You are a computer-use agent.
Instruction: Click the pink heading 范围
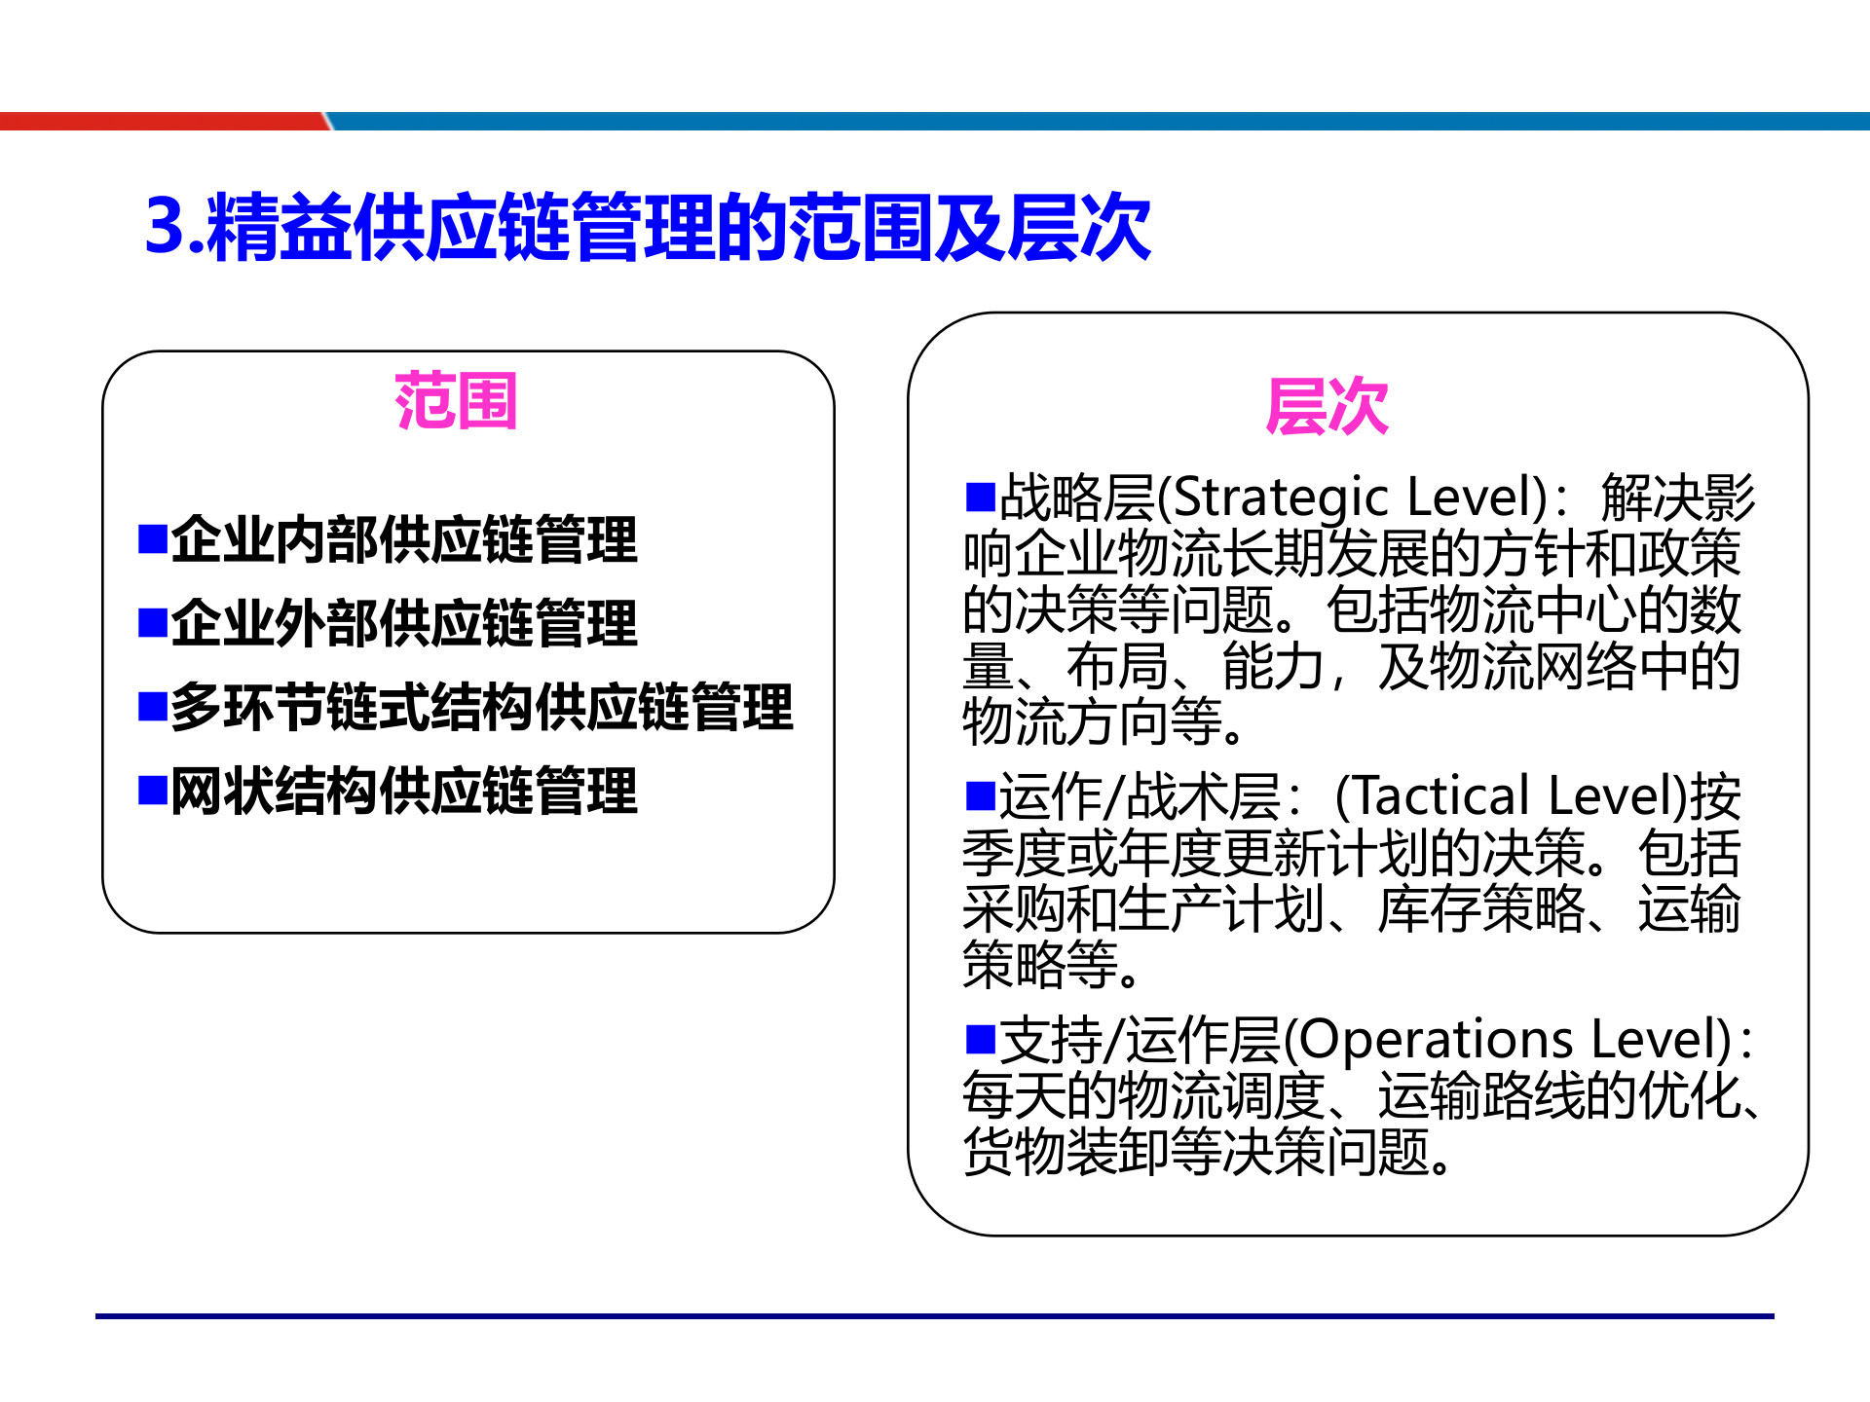click(455, 401)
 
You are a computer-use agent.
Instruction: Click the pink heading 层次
click(1326, 406)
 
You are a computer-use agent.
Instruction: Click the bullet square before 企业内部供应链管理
click(153, 538)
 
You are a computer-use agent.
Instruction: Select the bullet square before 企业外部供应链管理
click(153, 622)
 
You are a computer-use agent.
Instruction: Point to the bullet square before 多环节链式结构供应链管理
click(153, 706)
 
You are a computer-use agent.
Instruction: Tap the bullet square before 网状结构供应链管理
click(153, 790)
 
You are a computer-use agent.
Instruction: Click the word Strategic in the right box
click(1280, 498)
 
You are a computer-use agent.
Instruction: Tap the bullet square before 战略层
click(979, 496)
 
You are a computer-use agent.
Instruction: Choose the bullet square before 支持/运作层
click(979, 1039)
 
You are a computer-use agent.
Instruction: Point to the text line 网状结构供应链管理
click(404, 791)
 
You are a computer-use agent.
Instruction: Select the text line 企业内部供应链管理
click(404, 539)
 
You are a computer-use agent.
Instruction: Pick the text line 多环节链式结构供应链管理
click(482, 707)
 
